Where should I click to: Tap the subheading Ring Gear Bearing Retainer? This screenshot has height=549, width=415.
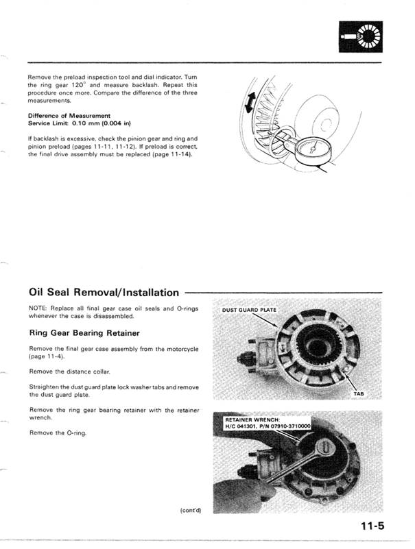pos(84,333)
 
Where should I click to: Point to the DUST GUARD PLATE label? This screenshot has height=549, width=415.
pos(248,309)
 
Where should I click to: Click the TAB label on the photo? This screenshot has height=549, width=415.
pos(359,394)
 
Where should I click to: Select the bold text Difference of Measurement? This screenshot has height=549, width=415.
pos(69,115)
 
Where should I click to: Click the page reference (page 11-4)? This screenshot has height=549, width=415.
pos(47,356)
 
